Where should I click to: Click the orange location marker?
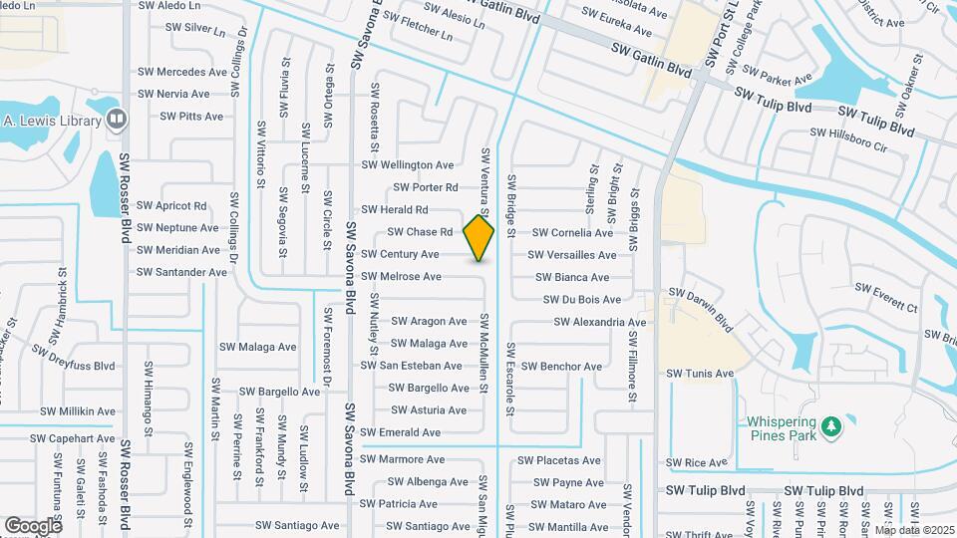pos(479,237)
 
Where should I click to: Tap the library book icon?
pos(117,120)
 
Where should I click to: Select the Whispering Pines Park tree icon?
pos(830,426)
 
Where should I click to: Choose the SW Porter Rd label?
pos(425,187)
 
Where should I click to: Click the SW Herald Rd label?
pos(394,210)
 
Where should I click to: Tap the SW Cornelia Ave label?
pos(573,233)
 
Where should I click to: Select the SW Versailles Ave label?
pos(572,255)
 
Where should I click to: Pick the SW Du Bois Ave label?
pos(582,300)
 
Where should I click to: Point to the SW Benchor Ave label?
pos(561,367)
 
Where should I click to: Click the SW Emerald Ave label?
pos(400,432)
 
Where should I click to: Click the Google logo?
pos(33,525)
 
